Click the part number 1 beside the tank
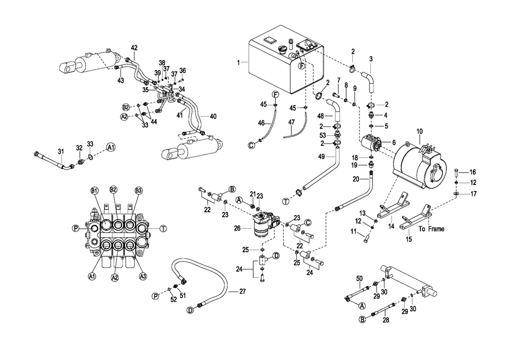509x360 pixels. (239, 62)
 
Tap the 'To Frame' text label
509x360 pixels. (432, 229)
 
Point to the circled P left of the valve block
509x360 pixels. (75, 229)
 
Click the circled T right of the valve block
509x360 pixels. (163, 229)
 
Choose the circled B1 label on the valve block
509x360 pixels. (94, 189)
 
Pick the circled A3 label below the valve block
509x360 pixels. (142, 276)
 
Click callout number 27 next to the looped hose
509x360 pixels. (243, 292)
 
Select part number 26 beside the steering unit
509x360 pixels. (238, 229)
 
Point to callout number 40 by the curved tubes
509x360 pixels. (213, 116)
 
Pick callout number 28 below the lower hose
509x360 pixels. (386, 320)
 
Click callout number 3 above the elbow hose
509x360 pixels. (371, 59)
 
